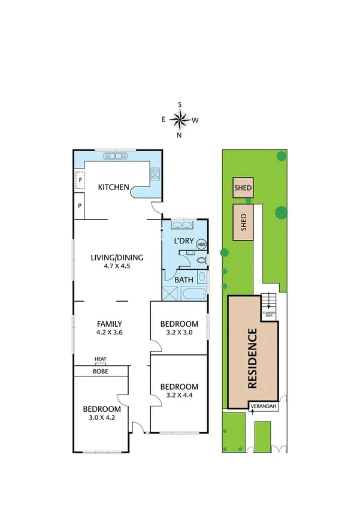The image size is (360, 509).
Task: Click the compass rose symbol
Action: pyautogui.click(x=179, y=119)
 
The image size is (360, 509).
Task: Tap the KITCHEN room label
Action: pyautogui.click(x=114, y=188)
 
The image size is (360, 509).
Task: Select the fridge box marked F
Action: pyautogui.click(x=79, y=180)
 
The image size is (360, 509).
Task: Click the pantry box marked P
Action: pyautogui.click(x=79, y=207)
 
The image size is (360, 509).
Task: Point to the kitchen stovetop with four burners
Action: pyautogui.click(x=155, y=174)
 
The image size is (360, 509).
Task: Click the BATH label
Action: pyautogui.click(x=182, y=279)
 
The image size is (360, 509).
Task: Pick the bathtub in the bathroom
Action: pyautogui.click(x=193, y=294)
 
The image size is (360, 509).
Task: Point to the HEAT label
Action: pyautogui.click(x=100, y=359)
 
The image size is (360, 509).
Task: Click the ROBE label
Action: pyautogui.click(x=100, y=371)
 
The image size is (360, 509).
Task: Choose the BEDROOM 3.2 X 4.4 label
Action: pyautogui.click(x=179, y=390)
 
